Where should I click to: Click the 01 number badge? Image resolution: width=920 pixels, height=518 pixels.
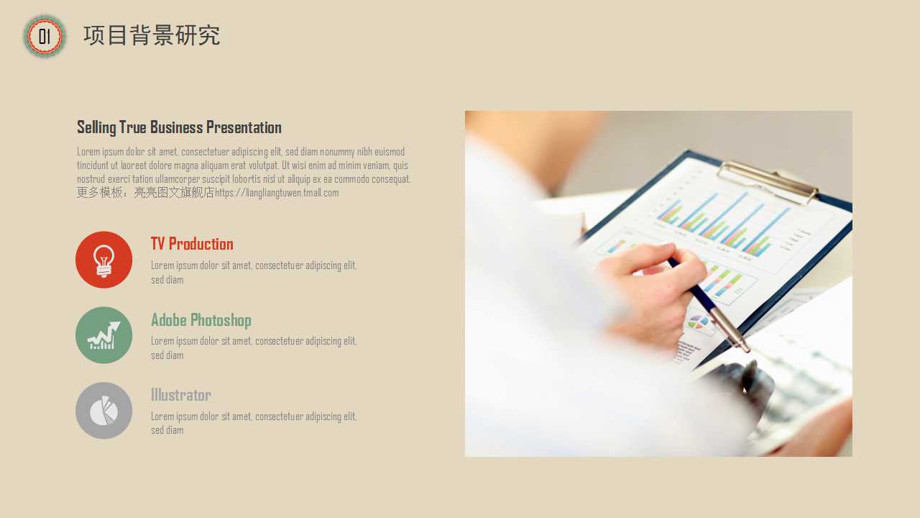click(45, 36)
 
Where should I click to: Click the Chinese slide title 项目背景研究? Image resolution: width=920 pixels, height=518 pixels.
click(152, 35)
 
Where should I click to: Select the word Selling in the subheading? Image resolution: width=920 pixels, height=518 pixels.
click(96, 127)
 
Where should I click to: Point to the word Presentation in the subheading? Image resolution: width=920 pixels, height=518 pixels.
click(244, 127)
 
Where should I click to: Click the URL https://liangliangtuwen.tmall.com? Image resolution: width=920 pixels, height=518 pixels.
click(277, 193)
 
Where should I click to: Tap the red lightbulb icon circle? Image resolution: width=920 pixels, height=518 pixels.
click(104, 260)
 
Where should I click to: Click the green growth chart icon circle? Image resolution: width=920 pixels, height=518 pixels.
click(104, 335)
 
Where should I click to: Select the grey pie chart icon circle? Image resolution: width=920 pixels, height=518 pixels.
click(104, 410)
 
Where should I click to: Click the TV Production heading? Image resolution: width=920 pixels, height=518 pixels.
click(192, 244)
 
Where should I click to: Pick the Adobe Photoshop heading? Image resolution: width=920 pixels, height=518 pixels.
click(201, 320)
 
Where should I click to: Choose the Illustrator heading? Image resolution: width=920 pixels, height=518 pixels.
click(181, 395)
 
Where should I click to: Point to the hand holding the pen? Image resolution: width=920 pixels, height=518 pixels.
click(653, 288)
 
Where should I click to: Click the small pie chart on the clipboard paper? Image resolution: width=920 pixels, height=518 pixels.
click(698, 322)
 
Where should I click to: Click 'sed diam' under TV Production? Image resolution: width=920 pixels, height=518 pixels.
click(167, 280)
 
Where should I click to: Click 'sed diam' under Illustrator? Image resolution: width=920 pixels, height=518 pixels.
click(167, 430)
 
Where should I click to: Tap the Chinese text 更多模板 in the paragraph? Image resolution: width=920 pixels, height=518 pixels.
click(99, 192)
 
